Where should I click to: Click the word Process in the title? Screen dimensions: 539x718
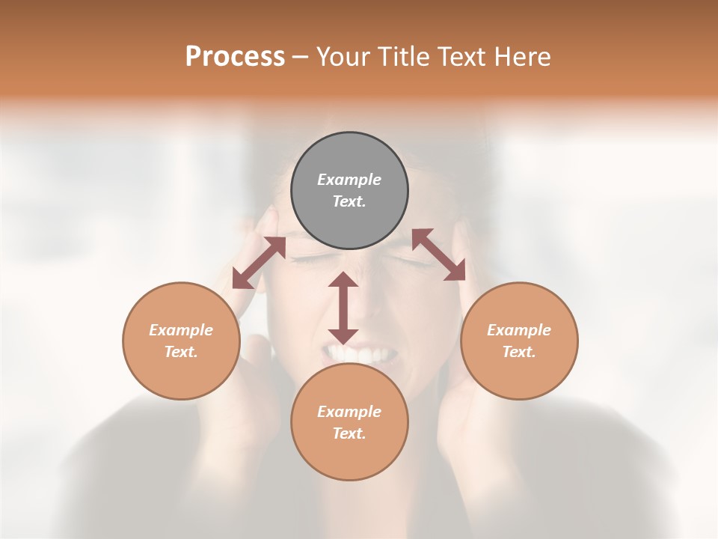tap(235, 57)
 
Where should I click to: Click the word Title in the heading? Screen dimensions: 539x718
tap(400, 57)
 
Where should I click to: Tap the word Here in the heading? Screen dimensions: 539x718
tap(522, 57)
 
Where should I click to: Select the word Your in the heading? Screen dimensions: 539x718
tap(343, 57)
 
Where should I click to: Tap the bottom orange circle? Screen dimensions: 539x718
tap(349, 457)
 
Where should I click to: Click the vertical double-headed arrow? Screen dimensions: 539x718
tap(343, 308)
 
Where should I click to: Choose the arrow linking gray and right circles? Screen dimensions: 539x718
tap(438, 255)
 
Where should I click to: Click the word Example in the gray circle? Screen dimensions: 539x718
tap(349, 180)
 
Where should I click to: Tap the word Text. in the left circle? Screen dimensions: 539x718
tap(181, 352)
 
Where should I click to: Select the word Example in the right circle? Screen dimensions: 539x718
tap(519, 330)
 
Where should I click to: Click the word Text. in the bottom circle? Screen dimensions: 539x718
tap(349, 433)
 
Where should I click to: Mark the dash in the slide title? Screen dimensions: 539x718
tap(301, 57)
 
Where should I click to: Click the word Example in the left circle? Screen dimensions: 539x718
tap(181, 330)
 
